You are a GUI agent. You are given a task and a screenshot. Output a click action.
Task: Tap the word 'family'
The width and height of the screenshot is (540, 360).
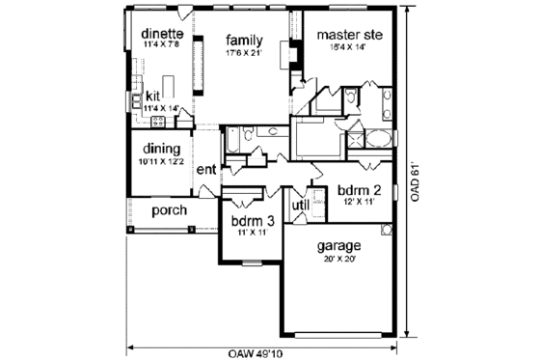(241, 40)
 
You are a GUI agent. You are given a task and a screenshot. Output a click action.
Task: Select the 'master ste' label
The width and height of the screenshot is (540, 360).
(350, 36)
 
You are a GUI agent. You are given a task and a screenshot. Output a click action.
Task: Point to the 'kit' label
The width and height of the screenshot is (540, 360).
(152, 97)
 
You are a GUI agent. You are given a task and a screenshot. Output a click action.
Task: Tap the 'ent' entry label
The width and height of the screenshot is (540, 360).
(205, 170)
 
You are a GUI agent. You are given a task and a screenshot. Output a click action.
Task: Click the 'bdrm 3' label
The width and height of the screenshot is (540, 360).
(254, 220)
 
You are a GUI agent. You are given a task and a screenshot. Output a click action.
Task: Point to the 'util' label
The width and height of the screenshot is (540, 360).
(300, 205)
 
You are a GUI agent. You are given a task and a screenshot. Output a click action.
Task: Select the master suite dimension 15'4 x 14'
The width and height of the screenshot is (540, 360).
(350, 49)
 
